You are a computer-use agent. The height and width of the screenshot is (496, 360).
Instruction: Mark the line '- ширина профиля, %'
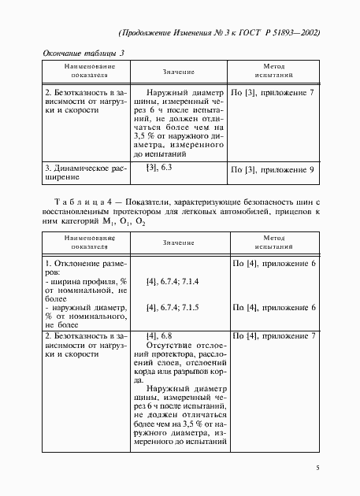(87, 281)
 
